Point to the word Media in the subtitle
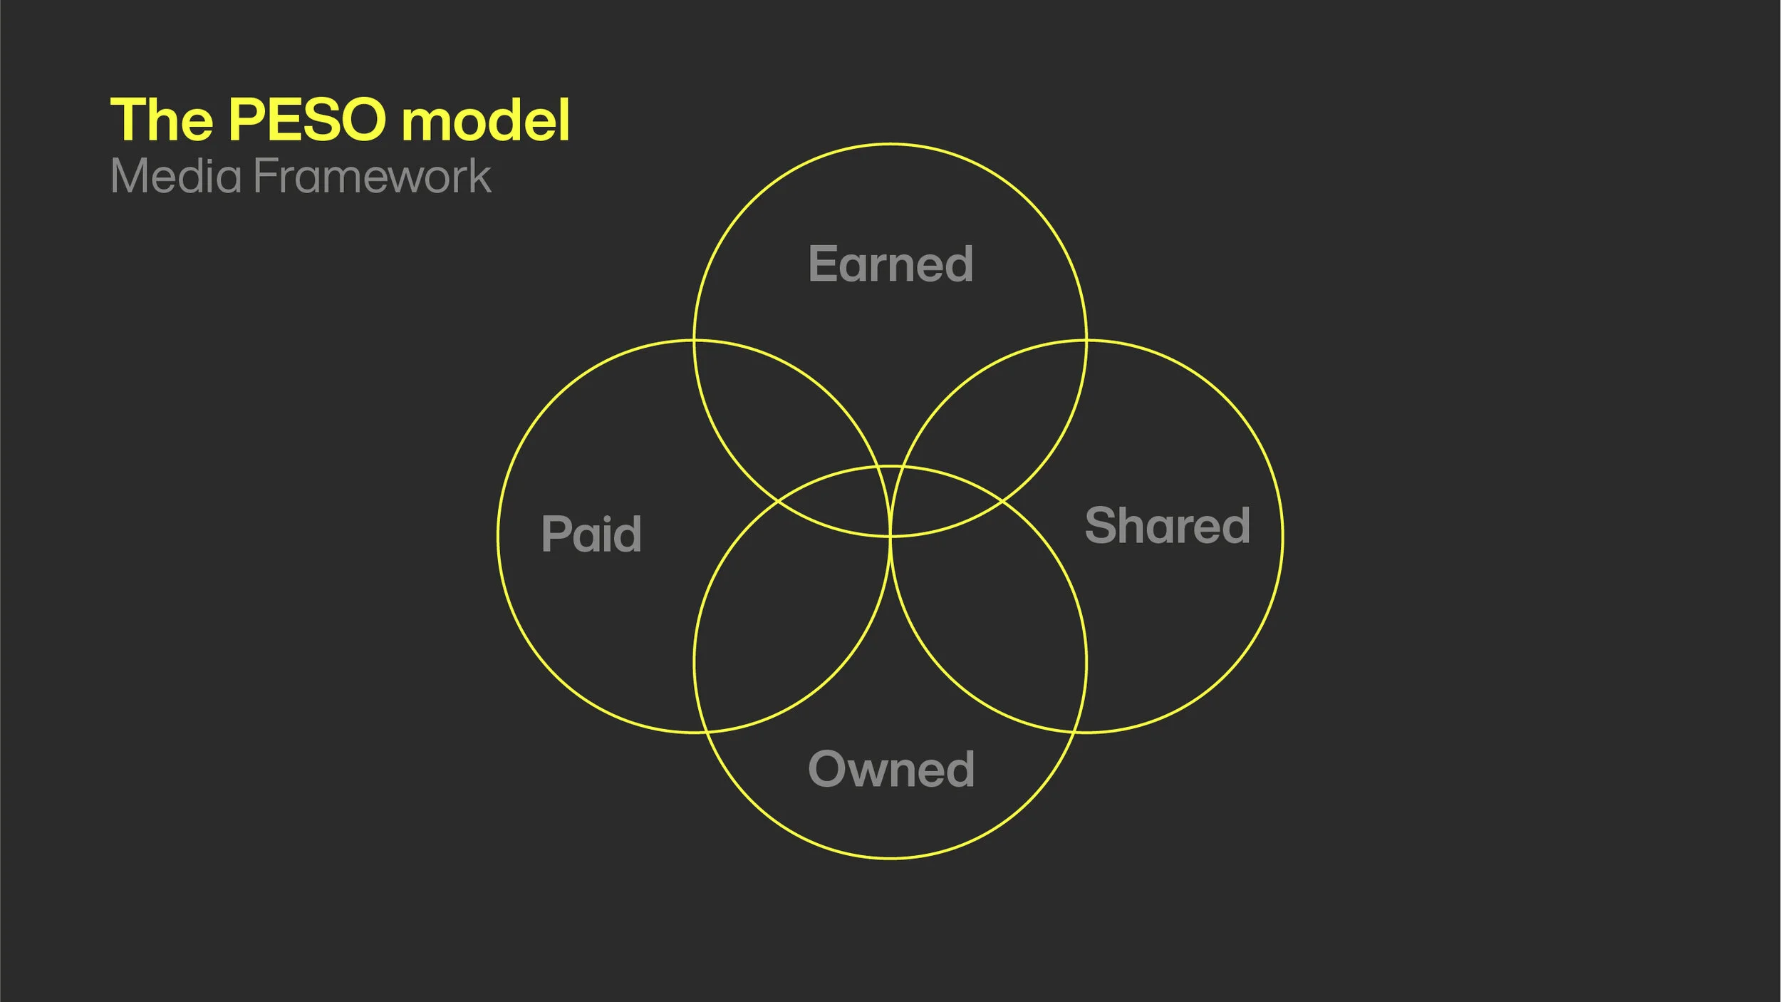(176, 176)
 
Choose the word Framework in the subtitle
(372, 176)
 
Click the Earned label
(890, 264)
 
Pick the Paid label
(591, 534)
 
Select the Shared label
(1167, 525)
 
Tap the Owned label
(890, 770)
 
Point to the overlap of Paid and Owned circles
(777, 627)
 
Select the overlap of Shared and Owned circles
(1004, 627)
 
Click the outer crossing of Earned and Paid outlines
(695, 341)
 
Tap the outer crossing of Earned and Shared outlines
(1086, 341)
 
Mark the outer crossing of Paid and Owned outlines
(705, 732)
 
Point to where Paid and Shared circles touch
(890, 536)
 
